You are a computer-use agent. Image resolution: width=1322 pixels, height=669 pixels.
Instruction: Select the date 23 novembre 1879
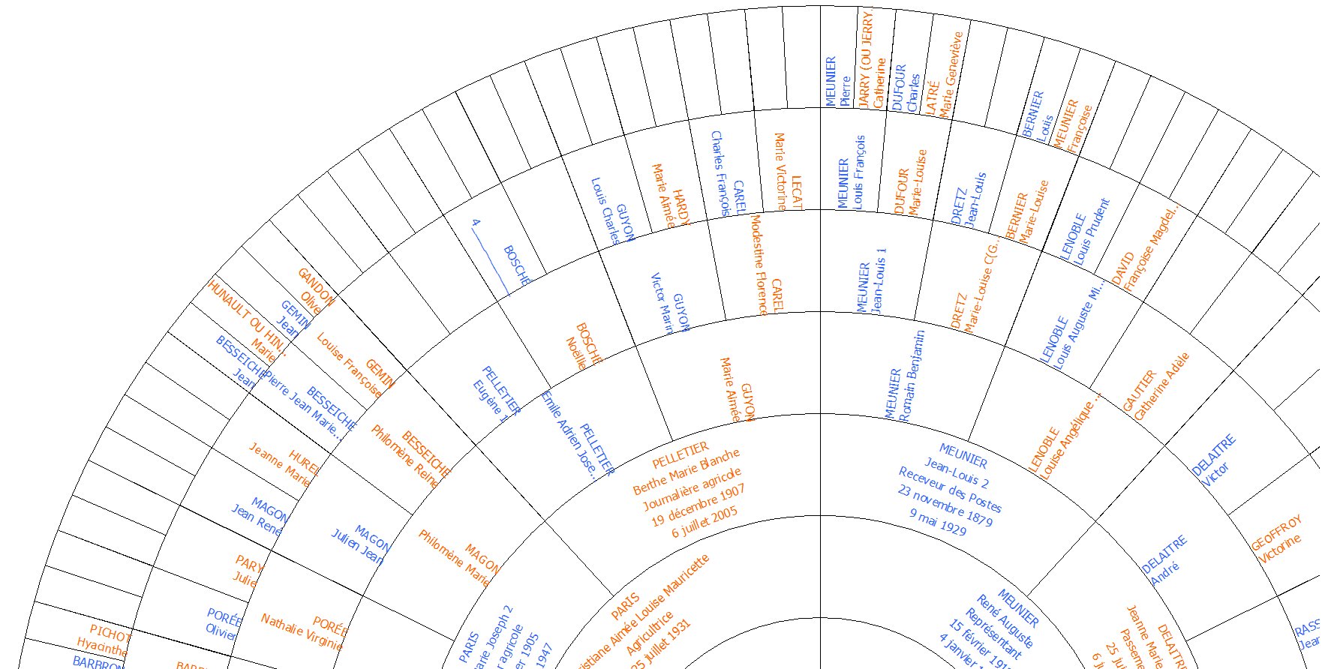pyautogui.click(x=945, y=505)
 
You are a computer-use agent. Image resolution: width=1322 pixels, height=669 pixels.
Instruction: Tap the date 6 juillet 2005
pyautogui.click(x=705, y=522)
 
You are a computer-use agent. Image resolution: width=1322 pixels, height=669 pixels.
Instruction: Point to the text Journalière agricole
pyautogui.click(x=692, y=487)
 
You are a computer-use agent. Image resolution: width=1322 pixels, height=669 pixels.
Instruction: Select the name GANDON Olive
pyautogui.click(x=313, y=292)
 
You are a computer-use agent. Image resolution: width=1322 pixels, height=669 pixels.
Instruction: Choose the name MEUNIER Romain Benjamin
pyautogui.click(x=903, y=378)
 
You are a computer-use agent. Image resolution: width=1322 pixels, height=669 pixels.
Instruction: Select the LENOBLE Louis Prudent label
pyautogui.click(x=1084, y=232)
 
